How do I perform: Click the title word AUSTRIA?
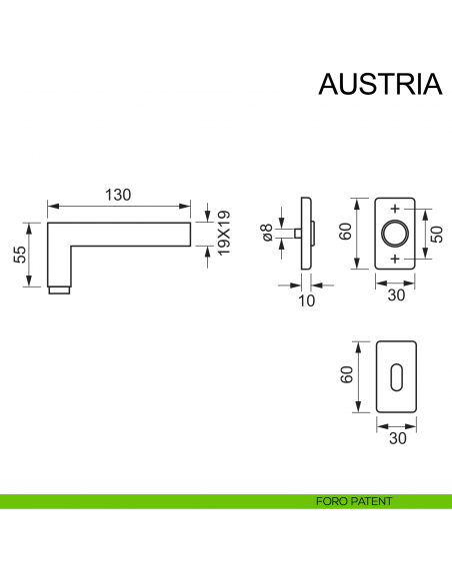[x=379, y=85]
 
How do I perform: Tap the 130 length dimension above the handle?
[x=118, y=195]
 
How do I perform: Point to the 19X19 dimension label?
[x=225, y=232]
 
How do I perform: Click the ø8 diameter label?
[x=267, y=233]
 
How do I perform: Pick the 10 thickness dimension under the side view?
[x=305, y=299]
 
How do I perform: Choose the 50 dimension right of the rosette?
[x=436, y=234]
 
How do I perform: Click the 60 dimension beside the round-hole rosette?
[x=345, y=233]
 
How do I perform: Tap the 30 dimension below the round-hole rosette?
[x=397, y=295]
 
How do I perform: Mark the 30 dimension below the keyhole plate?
[x=397, y=438]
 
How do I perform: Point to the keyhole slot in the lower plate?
[x=397, y=377]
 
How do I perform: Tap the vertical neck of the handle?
[x=61, y=262]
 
